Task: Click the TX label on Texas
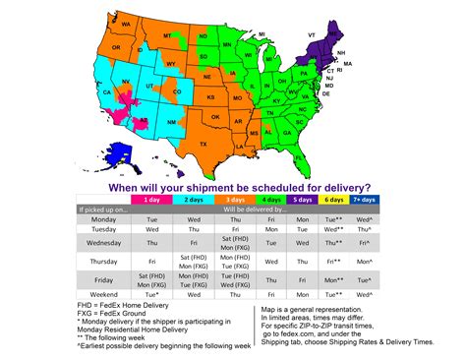(204, 144)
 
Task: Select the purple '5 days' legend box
(302, 198)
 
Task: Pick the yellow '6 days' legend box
(335, 198)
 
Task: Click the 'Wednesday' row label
(103, 241)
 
